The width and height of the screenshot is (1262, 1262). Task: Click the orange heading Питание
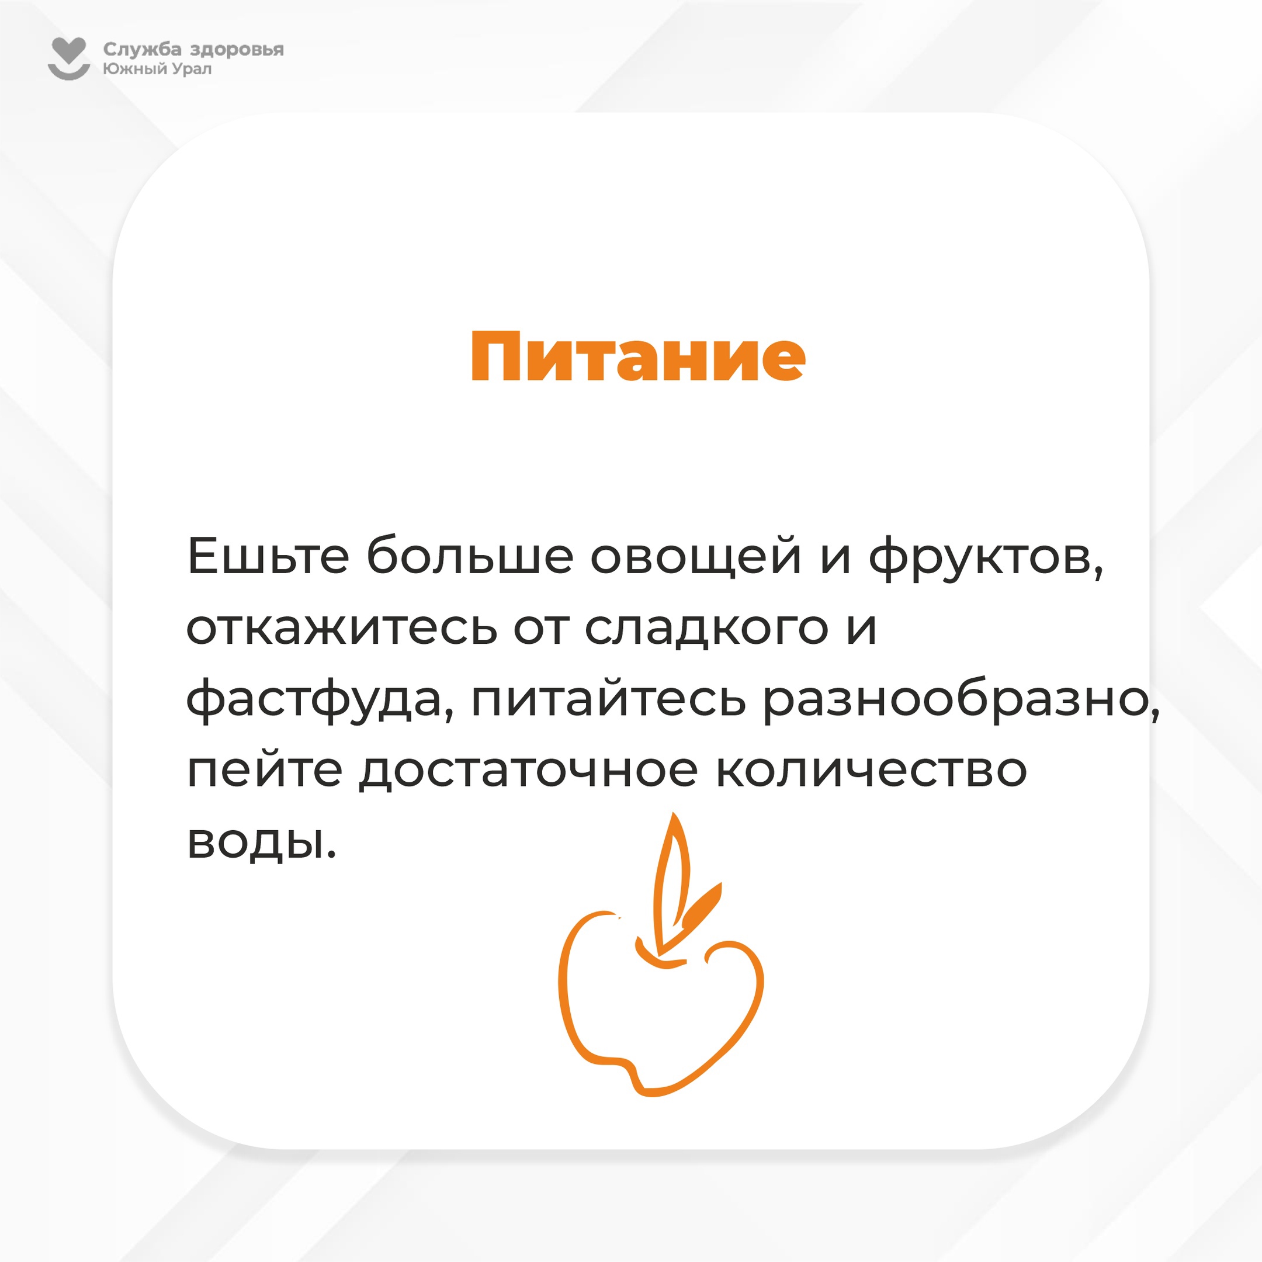pos(638,356)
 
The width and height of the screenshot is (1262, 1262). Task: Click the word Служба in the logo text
pos(143,50)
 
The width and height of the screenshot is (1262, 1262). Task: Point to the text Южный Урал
pos(157,68)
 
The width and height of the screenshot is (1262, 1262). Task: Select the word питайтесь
pos(608,699)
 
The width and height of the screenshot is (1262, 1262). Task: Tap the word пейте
pos(265,770)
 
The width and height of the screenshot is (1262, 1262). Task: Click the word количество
pos(871,771)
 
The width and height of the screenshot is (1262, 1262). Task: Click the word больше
pos(470,555)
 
